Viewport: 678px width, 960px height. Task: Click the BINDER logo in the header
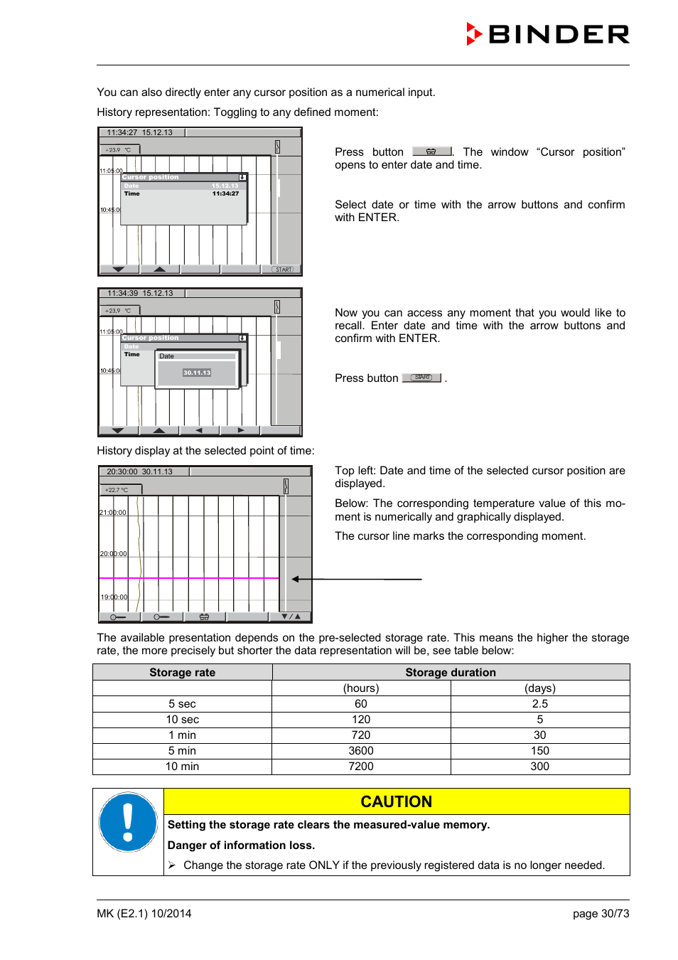tap(548, 34)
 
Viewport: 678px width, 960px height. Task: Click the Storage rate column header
tap(182, 672)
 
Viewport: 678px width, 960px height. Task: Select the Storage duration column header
tap(451, 672)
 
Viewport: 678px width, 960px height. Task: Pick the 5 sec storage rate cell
tap(182, 703)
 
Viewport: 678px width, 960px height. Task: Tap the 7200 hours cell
tap(361, 766)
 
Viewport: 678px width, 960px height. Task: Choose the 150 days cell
tap(540, 750)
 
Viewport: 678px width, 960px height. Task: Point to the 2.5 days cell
tap(540, 703)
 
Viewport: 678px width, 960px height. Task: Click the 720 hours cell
tap(361, 735)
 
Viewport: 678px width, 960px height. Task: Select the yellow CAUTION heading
tap(396, 801)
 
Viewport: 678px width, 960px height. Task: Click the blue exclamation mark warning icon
tap(128, 822)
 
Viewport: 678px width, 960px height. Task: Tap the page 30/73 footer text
tap(601, 914)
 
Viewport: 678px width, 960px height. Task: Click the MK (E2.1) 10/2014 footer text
tap(144, 914)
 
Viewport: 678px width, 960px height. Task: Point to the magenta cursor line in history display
tap(188, 578)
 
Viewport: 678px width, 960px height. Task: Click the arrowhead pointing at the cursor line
tap(296, 579)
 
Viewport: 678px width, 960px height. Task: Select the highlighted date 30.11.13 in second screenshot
tap(197, 373)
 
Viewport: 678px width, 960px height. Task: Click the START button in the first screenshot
tap(283, 270)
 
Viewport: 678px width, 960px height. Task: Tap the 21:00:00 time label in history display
tap(113, 513)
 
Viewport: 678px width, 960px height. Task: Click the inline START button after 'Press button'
tap(422, 378)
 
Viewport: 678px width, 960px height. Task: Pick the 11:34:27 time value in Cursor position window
tap(225, 193)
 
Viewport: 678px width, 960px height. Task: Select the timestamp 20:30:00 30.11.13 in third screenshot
tap(140, 471)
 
